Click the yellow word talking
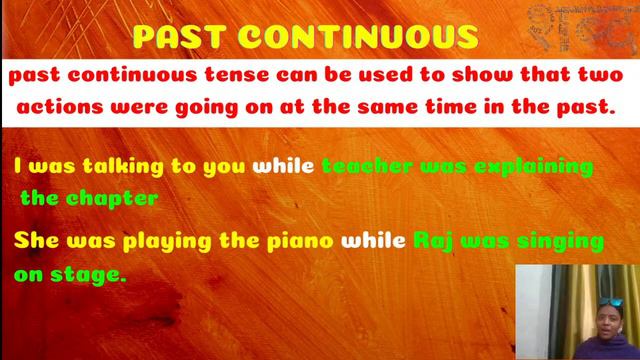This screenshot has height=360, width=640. point(110,165)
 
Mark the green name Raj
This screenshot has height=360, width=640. point(436,242)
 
